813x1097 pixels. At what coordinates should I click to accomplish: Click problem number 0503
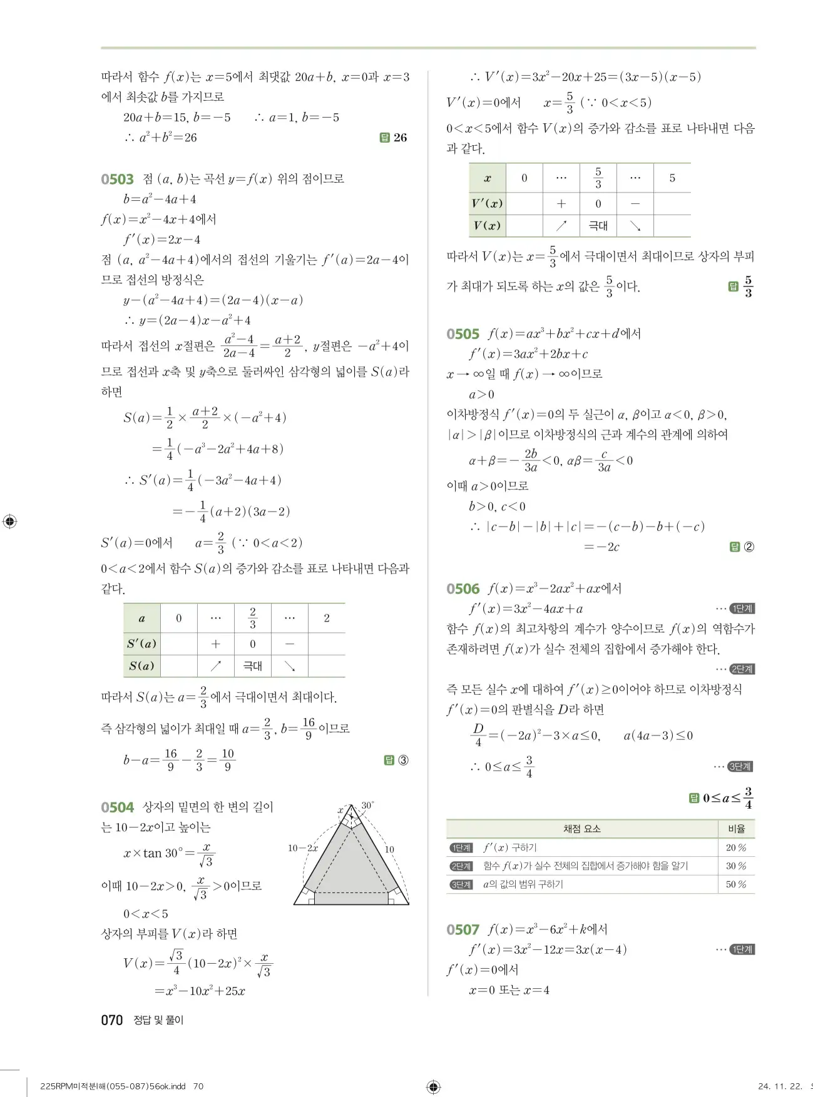[x=117, y=179]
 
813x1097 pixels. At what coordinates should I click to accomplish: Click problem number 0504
[x=117, y=807]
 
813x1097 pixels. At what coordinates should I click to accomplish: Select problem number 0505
[x=463, y=334]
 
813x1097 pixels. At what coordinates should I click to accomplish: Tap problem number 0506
[x=463, y=589]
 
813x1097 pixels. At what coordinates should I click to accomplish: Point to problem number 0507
[x=463, y=930]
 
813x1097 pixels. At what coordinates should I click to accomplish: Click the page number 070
[x=111, y=1020]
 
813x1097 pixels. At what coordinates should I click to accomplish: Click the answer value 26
[x=400, y=138]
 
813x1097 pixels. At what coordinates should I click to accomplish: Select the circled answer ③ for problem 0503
[x=403, y=761]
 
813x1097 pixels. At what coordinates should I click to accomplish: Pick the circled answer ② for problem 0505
[x=749, y=547]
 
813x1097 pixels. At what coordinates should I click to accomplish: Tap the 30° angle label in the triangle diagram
[x=367, y=805]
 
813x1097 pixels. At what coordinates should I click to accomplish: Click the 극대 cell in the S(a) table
[x=252, y=666]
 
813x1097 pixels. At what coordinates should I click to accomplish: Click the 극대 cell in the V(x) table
[x=598, y=226]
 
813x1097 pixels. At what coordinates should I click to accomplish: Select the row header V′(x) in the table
[x=487, y=203]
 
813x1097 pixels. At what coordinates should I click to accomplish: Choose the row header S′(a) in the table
[x=141, y=644]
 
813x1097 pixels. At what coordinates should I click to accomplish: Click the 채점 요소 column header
[x=581, y=829]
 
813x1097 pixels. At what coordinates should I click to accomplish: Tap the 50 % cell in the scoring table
[x=736, y=884]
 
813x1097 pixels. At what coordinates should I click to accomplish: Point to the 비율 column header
[x=736, y=829]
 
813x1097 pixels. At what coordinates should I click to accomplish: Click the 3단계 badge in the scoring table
[x=461, y=884]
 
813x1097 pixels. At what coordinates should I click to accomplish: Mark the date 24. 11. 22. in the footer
[x=779, y=1086]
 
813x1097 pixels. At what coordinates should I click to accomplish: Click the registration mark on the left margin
[x=10, y=522]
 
